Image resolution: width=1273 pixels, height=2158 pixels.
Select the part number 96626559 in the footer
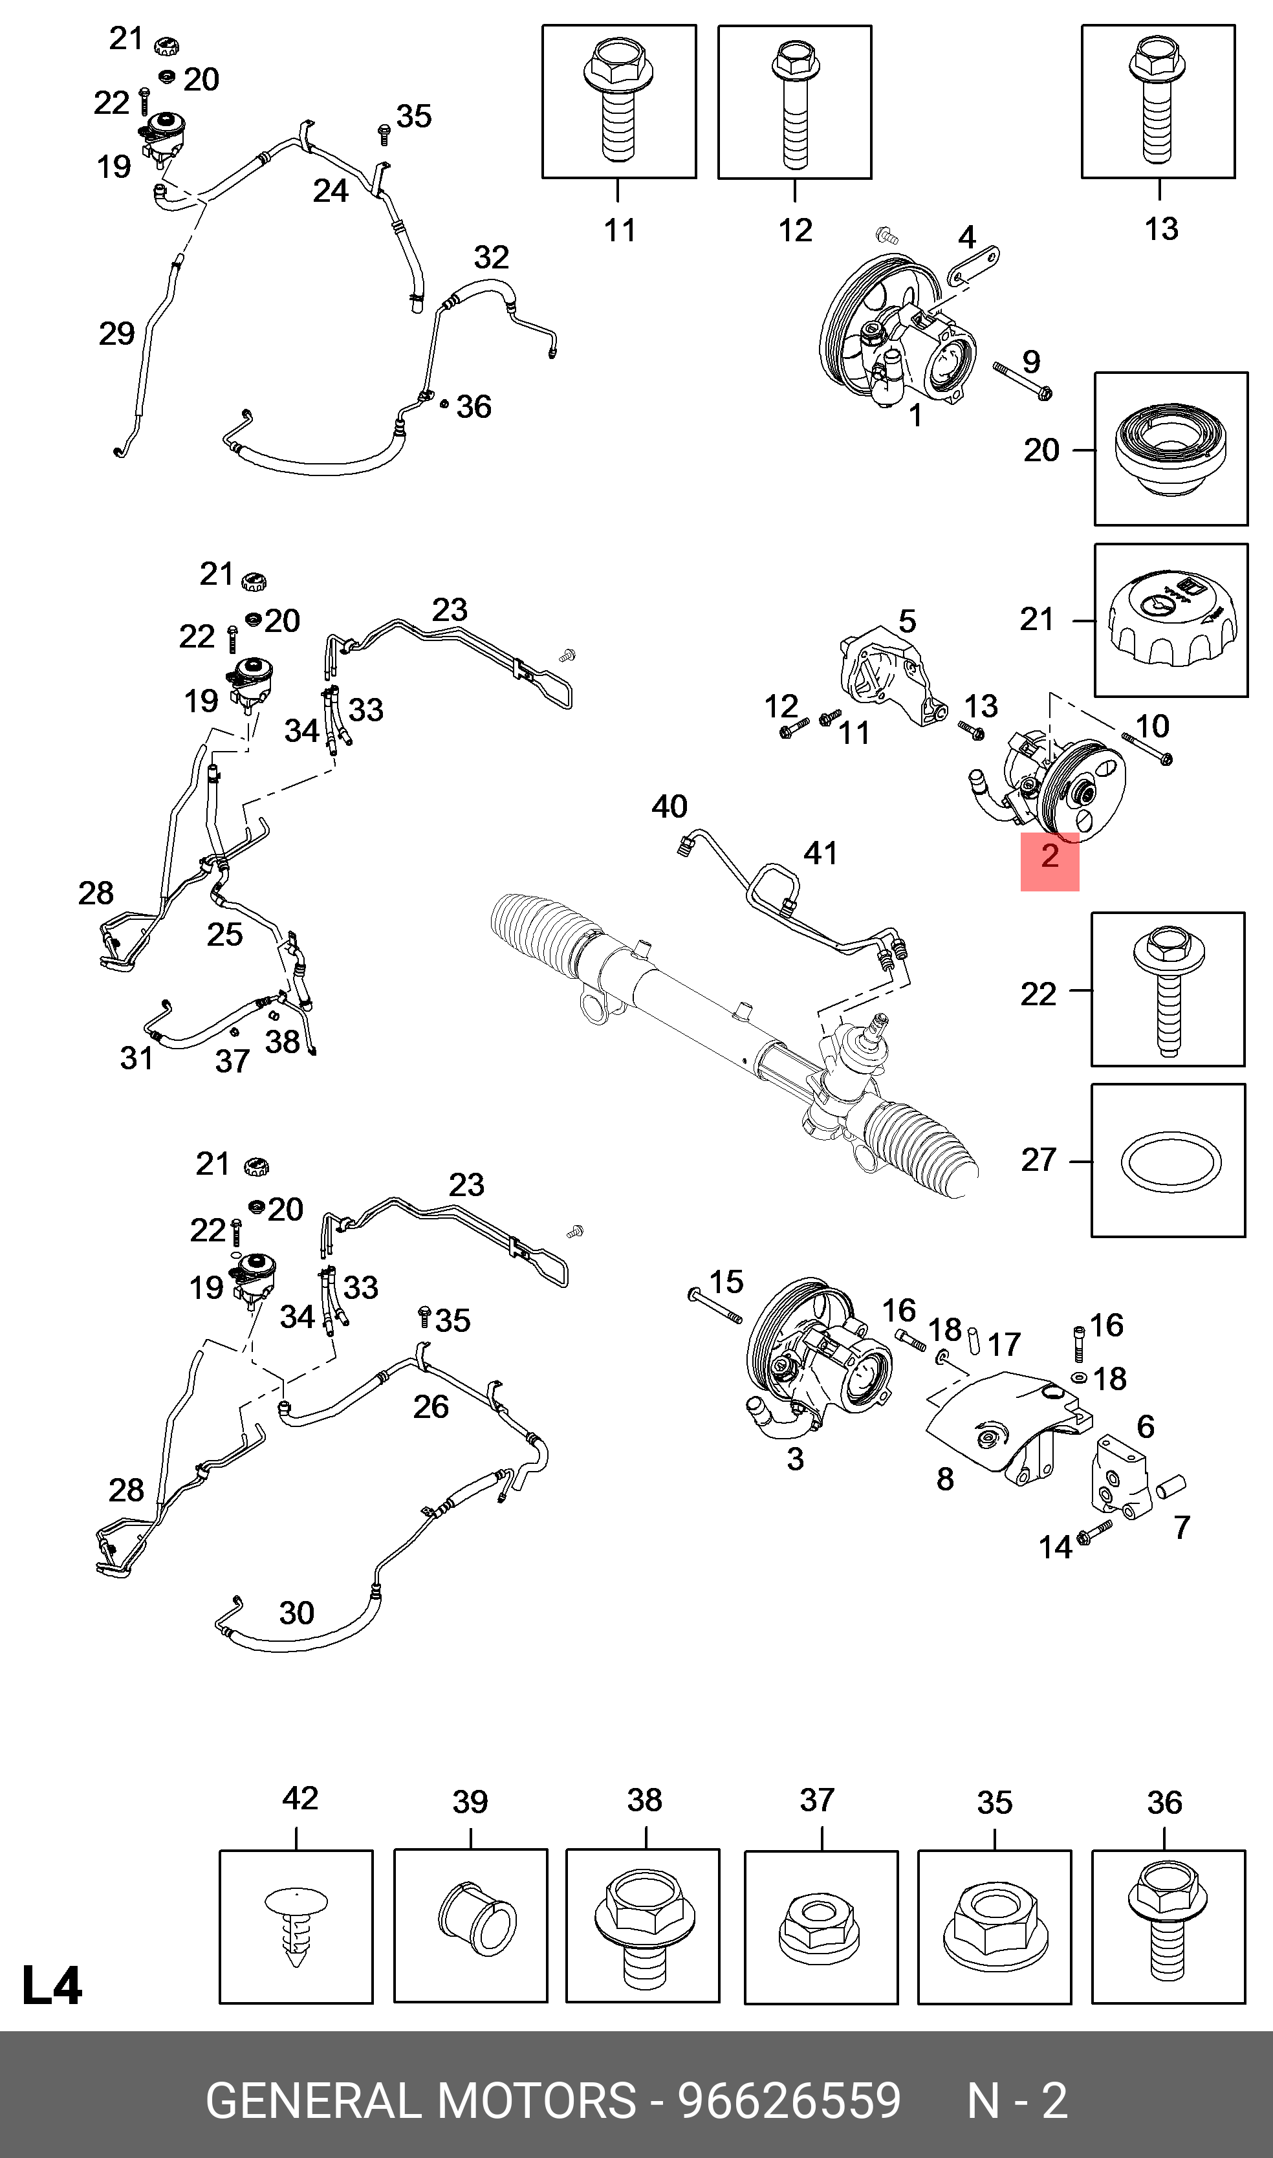pos(789,2100)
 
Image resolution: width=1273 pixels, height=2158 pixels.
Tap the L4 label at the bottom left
pos(52,1985)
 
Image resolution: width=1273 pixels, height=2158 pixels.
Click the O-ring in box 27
pos(1171,1163)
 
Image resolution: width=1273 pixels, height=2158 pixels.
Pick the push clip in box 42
pos(296,1926)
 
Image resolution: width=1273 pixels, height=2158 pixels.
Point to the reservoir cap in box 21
pos(1171,619)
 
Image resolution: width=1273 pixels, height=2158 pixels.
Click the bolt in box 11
pos(618,100)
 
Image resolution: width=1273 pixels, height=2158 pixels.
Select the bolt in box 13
pos(1157,100)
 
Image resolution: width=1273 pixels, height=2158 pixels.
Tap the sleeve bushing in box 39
pos(476,1919)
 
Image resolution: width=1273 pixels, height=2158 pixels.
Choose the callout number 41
pos(820,853)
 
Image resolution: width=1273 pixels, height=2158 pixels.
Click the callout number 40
pos(669,806)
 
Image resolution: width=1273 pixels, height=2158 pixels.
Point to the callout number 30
pos(297,1613)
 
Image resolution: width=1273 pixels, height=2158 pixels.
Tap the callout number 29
pos(116,334)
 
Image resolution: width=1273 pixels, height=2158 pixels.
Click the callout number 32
pos(492,257)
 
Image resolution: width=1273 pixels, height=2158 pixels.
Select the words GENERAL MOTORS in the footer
pos(420,2100)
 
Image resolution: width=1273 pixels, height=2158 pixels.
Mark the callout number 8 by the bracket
pos(944,1479)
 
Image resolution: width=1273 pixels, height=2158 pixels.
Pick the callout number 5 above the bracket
pos(907,621)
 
